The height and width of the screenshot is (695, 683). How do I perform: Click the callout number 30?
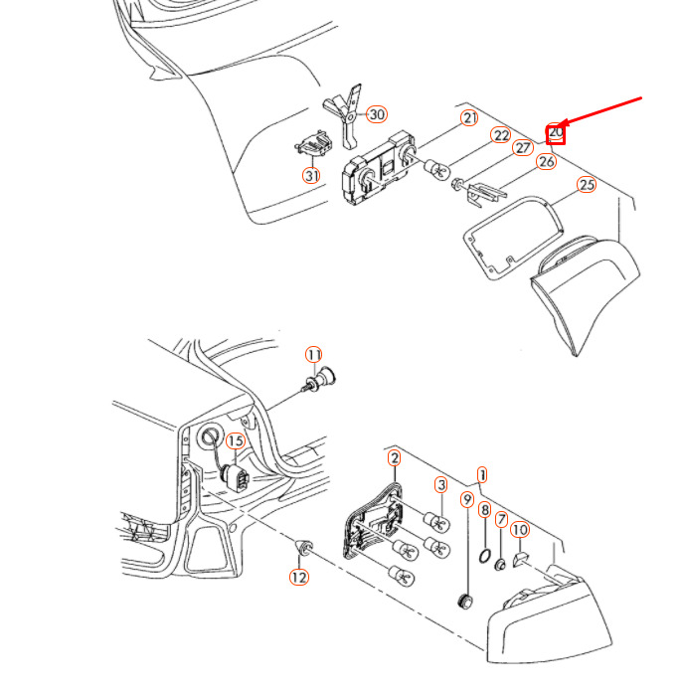pyautogui.click(x=377, y=114)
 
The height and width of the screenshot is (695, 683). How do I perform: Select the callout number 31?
pyautogui.click(x=311, y=176)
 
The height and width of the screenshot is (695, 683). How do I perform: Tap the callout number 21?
pyautogui.click(x=469, y=118)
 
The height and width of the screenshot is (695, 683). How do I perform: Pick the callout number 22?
pyautogui.click(x=501, y=135)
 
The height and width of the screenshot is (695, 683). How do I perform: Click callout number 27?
pyautogui.click(x=523, y=147)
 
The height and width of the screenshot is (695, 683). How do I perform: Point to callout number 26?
pyautogui.click(x=546, y=162)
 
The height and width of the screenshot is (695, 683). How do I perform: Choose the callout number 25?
pyautogui.click(x=587, y=184)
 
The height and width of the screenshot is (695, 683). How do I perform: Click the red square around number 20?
pyautogui.click(x=556, y=135)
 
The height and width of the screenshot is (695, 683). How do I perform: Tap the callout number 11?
pyautogui.click(x=314, y=355)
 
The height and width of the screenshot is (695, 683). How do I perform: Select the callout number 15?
pyautogui.click(x=236, y=441)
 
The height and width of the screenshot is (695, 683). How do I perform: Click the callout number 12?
pyautogui.click(x=299, y=577)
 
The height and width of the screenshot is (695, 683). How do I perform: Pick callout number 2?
pyautogui.click(x=394, y=458)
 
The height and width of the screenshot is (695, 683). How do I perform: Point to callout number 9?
pyautogui.click(x=467, y=499)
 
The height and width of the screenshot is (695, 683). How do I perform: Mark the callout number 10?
pyautogui.click(x=520, y=530)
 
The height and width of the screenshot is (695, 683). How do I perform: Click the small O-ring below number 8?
pyautogui.click(x=485, y=555)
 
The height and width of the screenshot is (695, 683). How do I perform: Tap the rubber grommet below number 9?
pyautogui.click(x=464, y=602)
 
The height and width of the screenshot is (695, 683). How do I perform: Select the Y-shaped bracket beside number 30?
pyautogui.click(x=346, y=115)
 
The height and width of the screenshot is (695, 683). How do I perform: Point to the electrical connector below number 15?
pyautogui.click(x=236, y=478)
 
